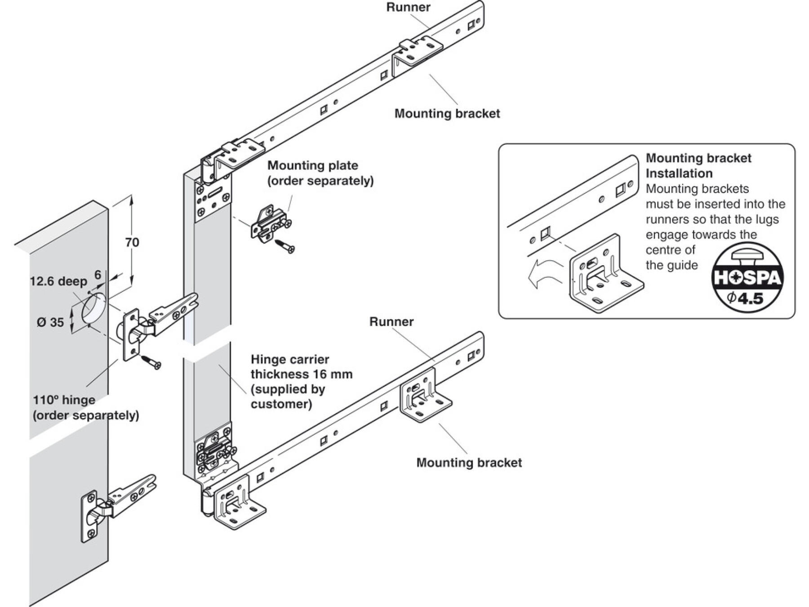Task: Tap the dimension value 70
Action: coord(132,242)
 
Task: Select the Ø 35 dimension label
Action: coord(50,322)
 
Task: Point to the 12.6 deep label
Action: coord(58,281)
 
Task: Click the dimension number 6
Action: coord(98,275)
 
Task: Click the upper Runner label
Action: coord(408,7)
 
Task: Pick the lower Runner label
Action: coord(391,321)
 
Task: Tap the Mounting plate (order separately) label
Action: coord(320,173)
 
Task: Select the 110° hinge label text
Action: coord(86,407)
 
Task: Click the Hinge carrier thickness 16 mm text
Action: coord(301,381)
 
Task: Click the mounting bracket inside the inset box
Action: coord(605,274)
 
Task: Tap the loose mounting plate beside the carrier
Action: coord(270,223)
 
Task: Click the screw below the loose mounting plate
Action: coord(286,245)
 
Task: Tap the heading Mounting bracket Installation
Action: coord(698,165)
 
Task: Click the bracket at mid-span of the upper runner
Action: coord(416,54)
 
